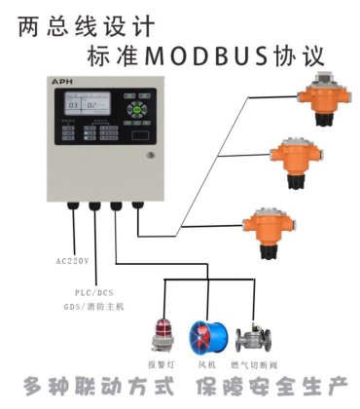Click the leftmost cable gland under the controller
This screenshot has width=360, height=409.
pyautogui.click(x=71, y=206)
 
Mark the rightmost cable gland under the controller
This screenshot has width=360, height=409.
pyautogui.click(x=137, y=206)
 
